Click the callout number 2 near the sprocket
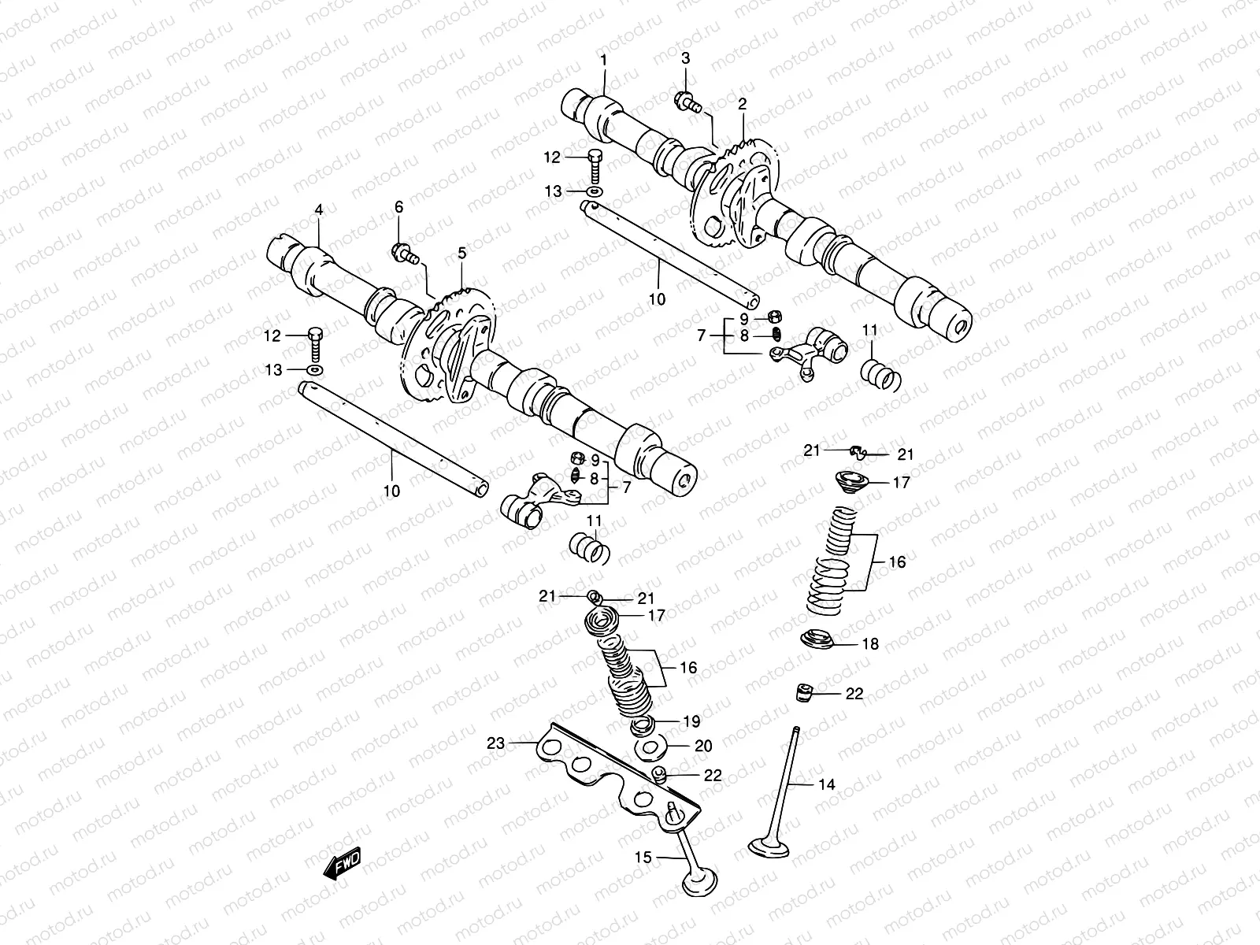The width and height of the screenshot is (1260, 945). (x=742, y=103)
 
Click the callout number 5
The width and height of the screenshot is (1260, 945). (x=461, y=253)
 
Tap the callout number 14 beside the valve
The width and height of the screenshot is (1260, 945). (x=826, y=784)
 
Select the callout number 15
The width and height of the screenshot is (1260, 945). (x=644, y=857)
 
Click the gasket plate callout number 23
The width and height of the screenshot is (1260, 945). (x=495, y=742)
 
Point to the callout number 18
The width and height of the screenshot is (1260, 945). (x=869, y=644)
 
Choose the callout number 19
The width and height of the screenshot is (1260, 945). (x=691, y=721)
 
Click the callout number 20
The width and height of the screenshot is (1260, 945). (x=703, y=745)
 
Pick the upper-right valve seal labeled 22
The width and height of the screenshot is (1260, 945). (x=804, y=693)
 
